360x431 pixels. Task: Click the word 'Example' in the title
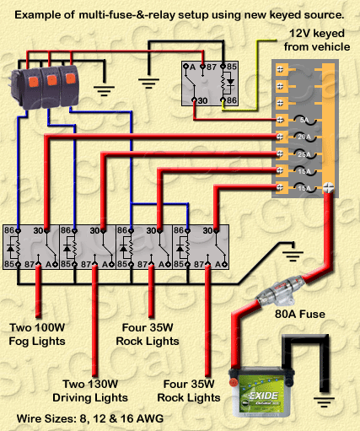(38, 14)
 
